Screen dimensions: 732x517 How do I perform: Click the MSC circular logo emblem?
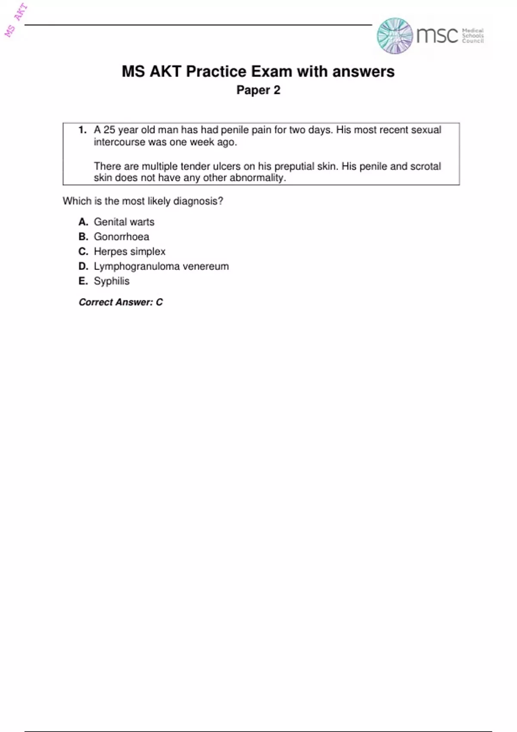coord(395,36)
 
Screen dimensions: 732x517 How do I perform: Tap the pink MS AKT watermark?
coord(16,20)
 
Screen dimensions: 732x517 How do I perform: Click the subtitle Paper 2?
coord(258,90)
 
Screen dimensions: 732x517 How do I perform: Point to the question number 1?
coord(83,130)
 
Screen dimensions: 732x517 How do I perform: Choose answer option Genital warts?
coord(124,222)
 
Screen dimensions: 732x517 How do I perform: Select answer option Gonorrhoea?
coord(121,236)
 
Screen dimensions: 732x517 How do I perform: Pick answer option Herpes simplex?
coord(130,251)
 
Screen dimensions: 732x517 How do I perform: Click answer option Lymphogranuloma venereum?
coord(161,266)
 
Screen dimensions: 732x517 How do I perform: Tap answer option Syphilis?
coord(112,281)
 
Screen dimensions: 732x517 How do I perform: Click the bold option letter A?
coord(83,222)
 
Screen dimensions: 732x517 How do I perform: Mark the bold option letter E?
coord(83,281)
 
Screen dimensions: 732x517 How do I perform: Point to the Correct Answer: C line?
coord(121,302)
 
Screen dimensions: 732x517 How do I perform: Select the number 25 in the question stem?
coord(109,130)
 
